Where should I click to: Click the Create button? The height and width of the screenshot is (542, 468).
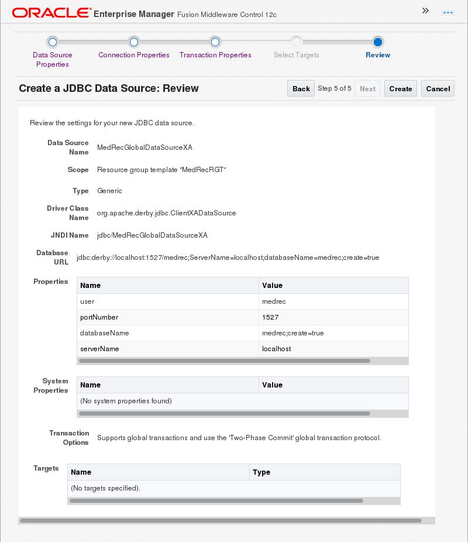click(400, 88)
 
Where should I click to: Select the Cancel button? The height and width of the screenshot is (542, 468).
click(438, 88)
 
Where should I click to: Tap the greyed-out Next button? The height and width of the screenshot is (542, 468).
click(367, 88)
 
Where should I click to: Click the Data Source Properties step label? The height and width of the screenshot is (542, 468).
click(53, 59)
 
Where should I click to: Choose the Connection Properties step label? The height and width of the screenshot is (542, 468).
click(134, 55)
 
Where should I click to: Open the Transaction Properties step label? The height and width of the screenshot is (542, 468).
click(215, 55)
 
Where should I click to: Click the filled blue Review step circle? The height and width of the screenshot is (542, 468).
click(378, 42)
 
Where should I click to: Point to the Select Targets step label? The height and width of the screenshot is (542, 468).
click(297, 55)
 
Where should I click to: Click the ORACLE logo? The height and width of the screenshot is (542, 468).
click(51, 12)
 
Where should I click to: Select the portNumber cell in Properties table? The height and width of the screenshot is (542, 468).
click(99, 317)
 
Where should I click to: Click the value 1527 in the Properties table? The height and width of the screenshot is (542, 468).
click(271, 317)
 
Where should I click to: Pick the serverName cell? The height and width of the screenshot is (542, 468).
click(99, 349)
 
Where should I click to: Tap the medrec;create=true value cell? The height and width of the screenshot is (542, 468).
click(293, 333)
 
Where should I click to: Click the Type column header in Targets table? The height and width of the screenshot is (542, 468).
click(261, 472)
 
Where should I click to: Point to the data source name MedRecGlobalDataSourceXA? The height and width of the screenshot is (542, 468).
click(144, 147)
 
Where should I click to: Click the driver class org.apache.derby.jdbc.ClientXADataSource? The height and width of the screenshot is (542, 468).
click(167, 213)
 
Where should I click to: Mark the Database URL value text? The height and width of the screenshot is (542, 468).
click(228, 258)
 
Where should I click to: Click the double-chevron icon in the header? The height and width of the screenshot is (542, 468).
click(425, 11)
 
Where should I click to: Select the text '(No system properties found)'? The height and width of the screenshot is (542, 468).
click(126, 401)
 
